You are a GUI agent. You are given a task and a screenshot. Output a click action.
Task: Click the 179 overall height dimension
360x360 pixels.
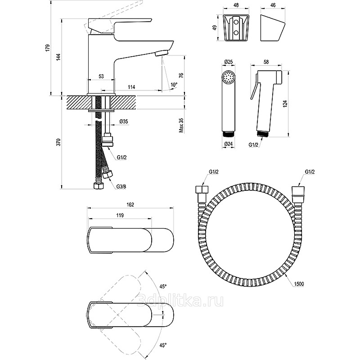[x=48, y=48]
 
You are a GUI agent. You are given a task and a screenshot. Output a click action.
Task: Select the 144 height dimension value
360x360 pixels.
[x=58, y=57]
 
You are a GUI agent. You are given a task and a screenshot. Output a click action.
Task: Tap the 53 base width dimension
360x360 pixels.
[x=101, y=76]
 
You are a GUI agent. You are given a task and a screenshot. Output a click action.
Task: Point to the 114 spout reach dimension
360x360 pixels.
[x=131, y=87]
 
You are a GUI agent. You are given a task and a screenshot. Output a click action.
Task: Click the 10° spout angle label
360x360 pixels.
[x=174, y=85]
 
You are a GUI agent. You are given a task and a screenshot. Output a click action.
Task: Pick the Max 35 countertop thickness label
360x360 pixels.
[x=181, y=126]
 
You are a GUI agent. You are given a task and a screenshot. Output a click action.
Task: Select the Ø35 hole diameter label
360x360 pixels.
[x=123, y=121]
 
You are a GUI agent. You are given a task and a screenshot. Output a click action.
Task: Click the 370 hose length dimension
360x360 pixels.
[x=58, y=142]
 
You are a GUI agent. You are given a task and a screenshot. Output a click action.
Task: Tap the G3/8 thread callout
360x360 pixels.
[x=121, y=186]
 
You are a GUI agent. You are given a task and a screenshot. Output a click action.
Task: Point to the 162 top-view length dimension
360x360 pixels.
[x=130, y=205]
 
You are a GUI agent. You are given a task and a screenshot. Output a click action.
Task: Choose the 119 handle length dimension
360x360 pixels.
[x=120, y=215]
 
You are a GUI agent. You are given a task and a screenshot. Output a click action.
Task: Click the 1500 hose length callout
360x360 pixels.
[x=299, y=284]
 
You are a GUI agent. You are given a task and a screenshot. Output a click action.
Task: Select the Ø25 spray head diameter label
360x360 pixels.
[x=228, y=62]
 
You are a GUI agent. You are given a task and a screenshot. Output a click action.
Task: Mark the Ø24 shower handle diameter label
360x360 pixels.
[x=228, y=144]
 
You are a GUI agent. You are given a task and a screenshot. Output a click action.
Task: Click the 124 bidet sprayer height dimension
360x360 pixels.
[x=285, y=104]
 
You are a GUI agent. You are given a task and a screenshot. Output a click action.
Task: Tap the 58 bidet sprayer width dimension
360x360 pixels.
[x=266, y=62]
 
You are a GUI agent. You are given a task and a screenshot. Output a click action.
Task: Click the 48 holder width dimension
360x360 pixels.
[x=236, y=5]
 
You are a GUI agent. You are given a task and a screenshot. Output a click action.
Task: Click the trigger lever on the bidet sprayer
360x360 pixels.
[x=255, y=90]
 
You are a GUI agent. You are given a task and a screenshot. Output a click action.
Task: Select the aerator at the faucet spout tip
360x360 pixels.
[x=162, y=54]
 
